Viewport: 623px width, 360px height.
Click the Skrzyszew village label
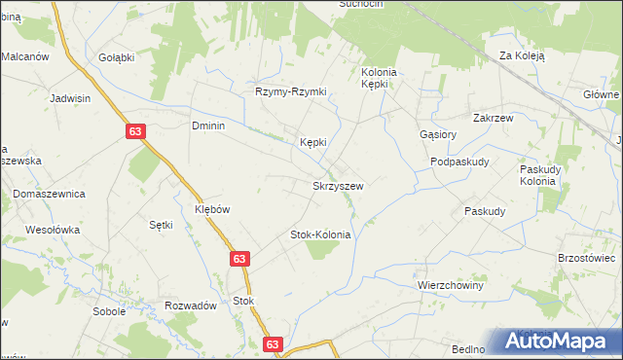[x=338, y=186]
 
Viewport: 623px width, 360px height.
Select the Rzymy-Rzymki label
[x=291, y=91]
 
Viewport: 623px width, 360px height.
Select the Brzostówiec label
[x=587, y=258]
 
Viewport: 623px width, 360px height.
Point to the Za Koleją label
[x=522, y=56]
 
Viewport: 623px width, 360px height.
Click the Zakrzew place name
[x=494, y=117]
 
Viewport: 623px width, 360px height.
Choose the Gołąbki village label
[x=116, y=57]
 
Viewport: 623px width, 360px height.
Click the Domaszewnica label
[x=50, y=194]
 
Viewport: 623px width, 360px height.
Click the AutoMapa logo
[x=556, y=340]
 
